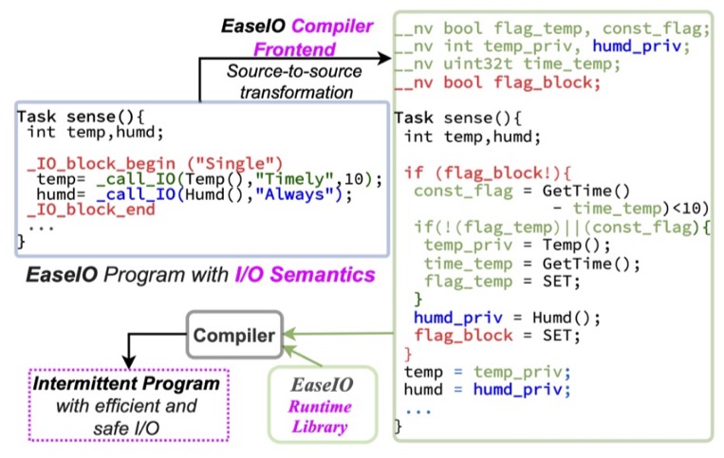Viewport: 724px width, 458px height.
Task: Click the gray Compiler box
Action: [x=235, y=336]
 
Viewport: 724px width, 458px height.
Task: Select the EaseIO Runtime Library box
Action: [x=324, y=402]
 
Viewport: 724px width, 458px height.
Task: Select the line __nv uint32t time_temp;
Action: [x=494, y=63]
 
